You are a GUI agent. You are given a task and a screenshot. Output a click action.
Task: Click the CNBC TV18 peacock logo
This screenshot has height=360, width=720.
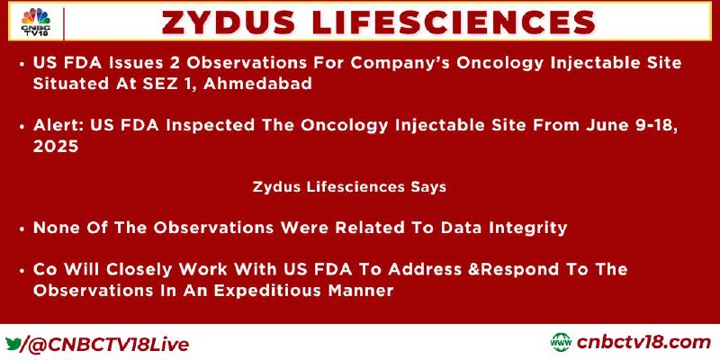36,22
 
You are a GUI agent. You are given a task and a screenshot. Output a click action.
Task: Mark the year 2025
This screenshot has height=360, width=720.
56,146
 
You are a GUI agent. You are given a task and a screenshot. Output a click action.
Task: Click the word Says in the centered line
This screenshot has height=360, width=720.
428,187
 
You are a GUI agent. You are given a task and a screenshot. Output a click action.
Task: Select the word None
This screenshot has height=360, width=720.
55,228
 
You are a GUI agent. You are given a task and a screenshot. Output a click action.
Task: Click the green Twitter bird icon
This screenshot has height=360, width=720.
13,343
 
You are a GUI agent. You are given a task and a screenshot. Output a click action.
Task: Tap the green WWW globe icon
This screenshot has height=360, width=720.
561,343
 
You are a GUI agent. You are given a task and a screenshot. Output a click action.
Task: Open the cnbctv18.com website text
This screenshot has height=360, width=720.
643,343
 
